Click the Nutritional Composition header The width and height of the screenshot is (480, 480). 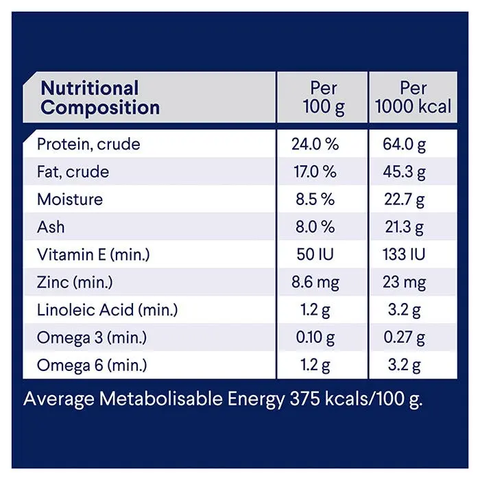point(100,98)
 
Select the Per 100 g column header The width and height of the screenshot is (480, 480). point(324,98)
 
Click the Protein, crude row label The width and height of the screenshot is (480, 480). point(88,145)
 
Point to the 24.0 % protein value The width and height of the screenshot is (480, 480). point(315,145)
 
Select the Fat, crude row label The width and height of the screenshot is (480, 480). point(73,172)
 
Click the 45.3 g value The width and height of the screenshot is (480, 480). point(405,172)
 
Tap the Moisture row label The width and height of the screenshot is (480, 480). point(70,200)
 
